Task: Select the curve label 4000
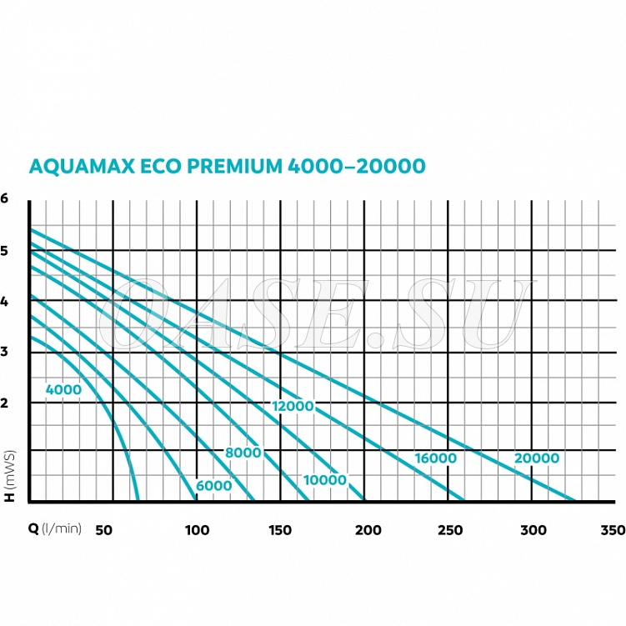pos(64,388)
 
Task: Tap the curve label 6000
pos(214,486)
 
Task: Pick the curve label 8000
pos(243,453)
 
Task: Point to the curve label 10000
pos(324,479)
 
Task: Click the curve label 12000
pos(293,406)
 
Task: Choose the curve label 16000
pos(435,458)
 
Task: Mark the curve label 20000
pos(537,458)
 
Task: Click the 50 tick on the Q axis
pos(104,530)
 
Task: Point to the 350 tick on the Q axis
pos(613,530)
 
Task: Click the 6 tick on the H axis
pos(4,198)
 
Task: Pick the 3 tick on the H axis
pos(4,352)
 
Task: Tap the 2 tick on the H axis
pos(4,403)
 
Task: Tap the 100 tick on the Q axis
pos(196,530)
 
